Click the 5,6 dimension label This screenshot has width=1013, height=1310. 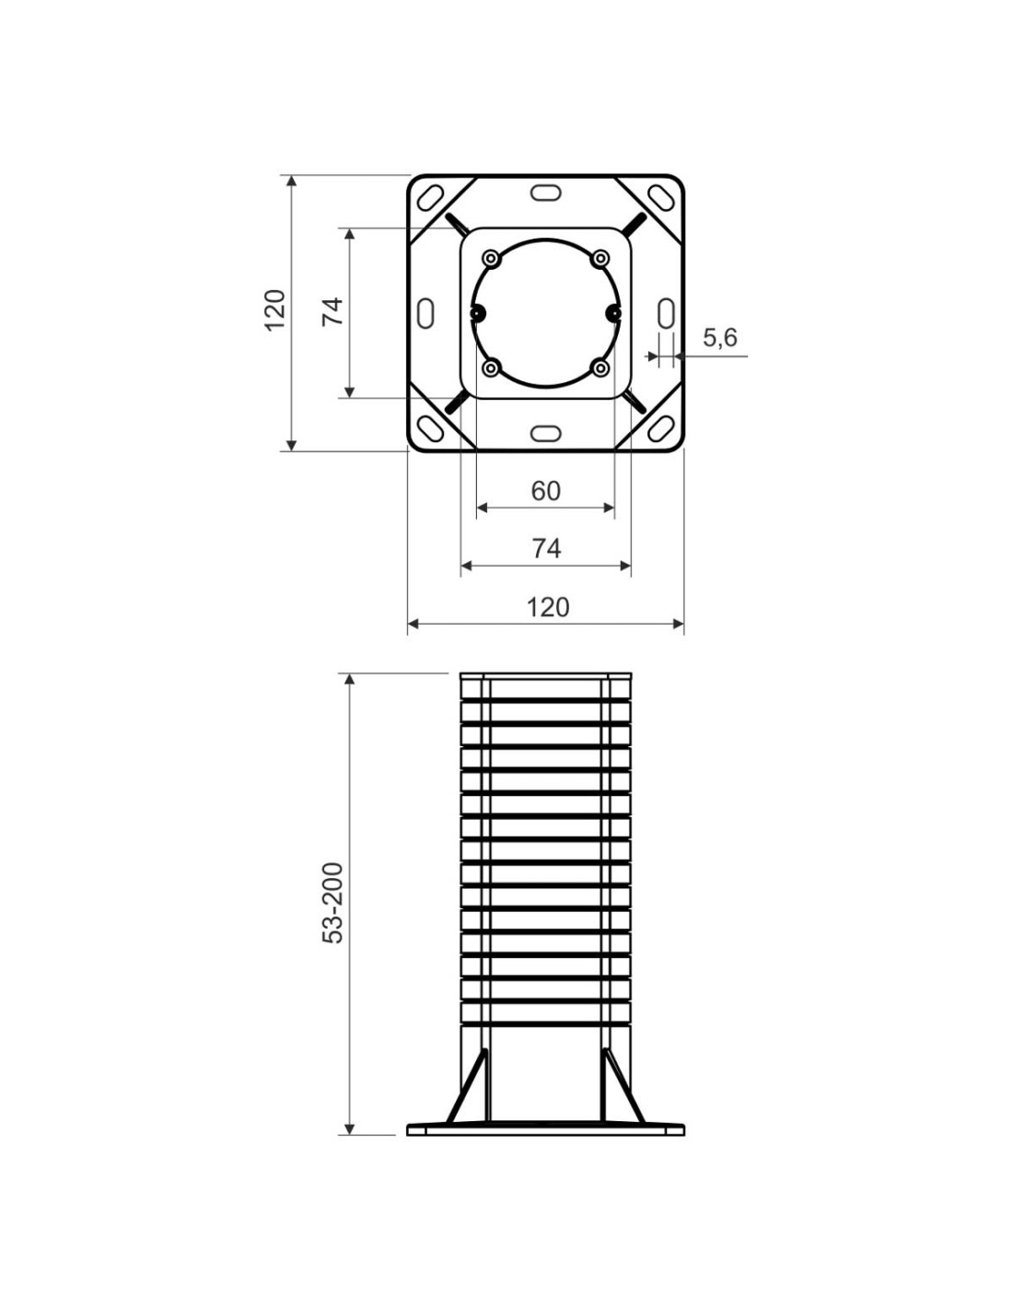pyautogui.click(x=719, y=337)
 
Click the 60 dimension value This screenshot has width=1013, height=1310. pyautogui.click(x=545, y=491)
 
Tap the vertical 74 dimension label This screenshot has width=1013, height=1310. pyautogui.click(x=332, y=311)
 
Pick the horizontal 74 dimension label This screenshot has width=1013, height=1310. pyautogui.click(x=546, y=549)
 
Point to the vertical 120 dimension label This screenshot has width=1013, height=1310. pyautogui.click(x=275, y=310)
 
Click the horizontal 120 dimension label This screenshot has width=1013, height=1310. pyautogui.click(x=548, y=607)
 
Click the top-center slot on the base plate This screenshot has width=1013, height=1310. pyautogui.click(x=545, y=193)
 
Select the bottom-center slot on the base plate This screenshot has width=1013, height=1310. pyautogui.click(x=545, y=433)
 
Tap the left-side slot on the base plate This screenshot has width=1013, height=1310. pyautogui.click(x=425, y=313)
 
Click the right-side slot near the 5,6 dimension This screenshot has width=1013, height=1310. pyautogui.click(x=665, y=313)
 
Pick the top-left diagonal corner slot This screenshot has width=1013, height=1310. pyautogui.click(x=430, y=198)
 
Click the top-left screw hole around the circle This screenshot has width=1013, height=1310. pyautogui.click(x=492, y=259)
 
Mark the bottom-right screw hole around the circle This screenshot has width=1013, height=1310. pyautogui.click(x=600, y=368)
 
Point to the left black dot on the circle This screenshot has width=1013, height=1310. pyautogui.click(x=477, y=313)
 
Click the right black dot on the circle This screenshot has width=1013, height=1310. pyautogui.click(x=613, y=313)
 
